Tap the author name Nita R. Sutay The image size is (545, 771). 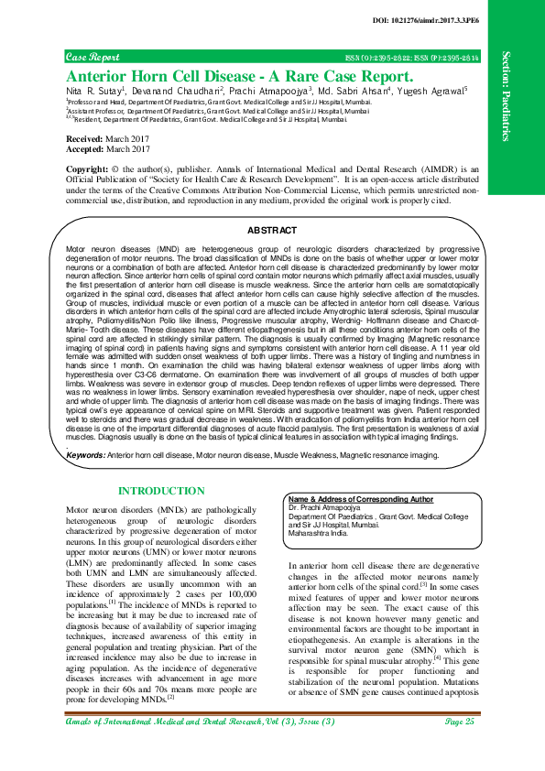(94, 92)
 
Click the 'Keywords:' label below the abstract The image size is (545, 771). (87, 453)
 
